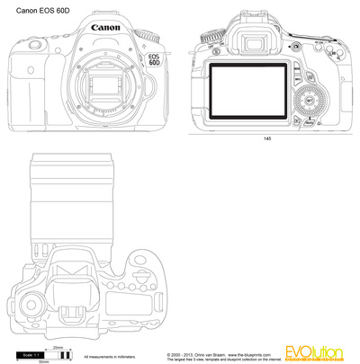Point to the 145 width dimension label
click(x=267, y=140)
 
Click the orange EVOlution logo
click(x=316, y=351)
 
